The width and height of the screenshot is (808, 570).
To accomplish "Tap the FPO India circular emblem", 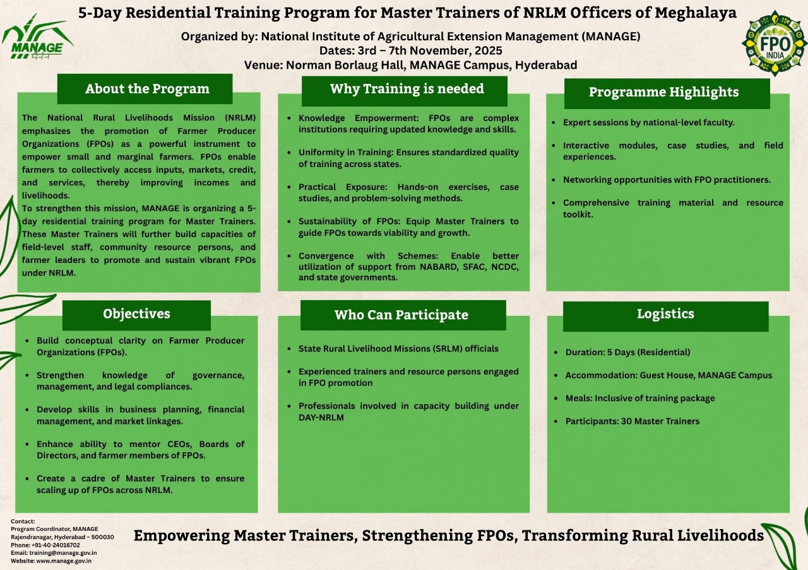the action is coord(775,44).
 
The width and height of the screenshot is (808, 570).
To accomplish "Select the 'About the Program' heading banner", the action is coord(145,89).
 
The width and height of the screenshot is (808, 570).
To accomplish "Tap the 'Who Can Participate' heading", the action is coord(403,315).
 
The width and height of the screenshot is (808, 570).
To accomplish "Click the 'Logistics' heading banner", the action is coord(665,317).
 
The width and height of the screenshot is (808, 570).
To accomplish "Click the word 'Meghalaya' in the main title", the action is coord(696,13).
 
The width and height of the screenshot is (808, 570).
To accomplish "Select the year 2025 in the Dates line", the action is coord(489,50).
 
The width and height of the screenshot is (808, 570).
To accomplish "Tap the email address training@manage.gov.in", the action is coord(63,553).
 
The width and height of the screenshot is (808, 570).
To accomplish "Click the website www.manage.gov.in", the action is coord(64,561).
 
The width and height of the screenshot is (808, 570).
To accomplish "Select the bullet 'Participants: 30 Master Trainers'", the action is coord(633,421).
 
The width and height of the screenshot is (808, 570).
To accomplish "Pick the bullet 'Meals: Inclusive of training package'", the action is coord(640,398).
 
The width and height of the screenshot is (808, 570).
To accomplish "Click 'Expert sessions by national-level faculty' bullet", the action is coord(648,122).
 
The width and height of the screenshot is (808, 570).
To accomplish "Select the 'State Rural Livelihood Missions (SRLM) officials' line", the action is coord(398,349).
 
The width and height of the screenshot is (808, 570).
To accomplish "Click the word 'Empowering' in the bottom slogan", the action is coord(181,535).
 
